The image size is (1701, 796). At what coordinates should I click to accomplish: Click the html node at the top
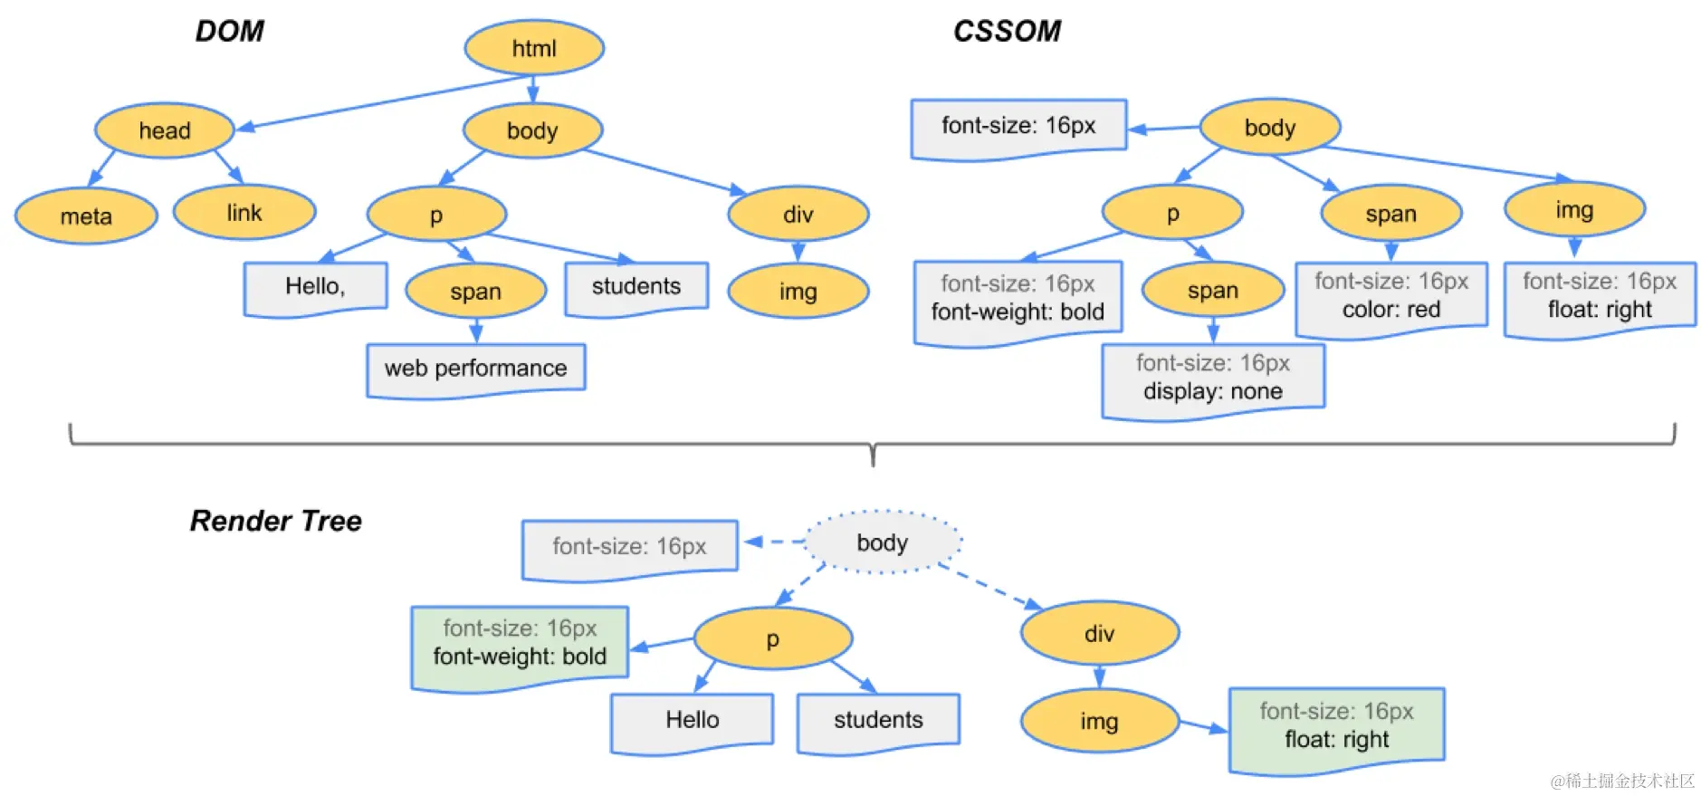coord(534,48)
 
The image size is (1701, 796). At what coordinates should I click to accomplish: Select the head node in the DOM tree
coord(164,130)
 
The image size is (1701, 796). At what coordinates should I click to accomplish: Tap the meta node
coord(86,216)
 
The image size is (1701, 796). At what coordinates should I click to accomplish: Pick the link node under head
coord(244,213)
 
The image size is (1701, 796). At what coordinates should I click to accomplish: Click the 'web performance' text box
coord(475,369)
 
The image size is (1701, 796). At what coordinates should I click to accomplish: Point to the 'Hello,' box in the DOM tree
coord(315,287)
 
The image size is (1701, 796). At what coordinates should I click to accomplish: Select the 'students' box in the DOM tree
coord(635,287)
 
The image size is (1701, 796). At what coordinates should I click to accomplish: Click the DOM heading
coord(229,32)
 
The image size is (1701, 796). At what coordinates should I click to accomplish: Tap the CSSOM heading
coord(1007,32)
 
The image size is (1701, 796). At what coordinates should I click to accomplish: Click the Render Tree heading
coord(275,521)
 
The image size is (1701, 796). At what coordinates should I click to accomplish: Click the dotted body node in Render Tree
coord(882,542)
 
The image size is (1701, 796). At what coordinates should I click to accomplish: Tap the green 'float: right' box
coord(1336,727)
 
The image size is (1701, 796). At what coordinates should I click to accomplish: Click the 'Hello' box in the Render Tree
coord(693,721)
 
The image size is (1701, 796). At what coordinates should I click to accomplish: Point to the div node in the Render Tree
coord(1099,634)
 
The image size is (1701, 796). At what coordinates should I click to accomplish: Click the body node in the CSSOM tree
coord(1269,128)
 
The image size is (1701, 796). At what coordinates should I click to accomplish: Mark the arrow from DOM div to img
coord(798,251)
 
